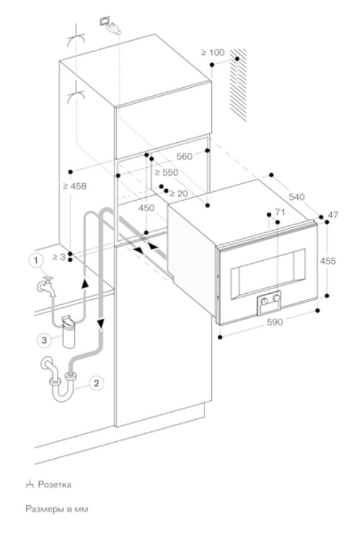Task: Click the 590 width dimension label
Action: click(x=275, y=322)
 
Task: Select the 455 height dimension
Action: click(x=328, y=260)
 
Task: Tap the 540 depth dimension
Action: click(x=296, y=197)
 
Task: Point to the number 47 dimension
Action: click(x=333, y=215)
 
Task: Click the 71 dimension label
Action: click(x=280, y=212)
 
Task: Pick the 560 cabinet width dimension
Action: click(x=184, y=156)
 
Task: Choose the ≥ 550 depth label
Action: click(x=166, y=172)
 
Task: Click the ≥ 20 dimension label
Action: click(x=178, y=194)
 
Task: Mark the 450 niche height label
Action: click(x=146, y=208)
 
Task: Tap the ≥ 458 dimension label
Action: click(x=74, y=186)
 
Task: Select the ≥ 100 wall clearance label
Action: click(x=213, y=52)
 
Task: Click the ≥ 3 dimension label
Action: click(x=59, y=257)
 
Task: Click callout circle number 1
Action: click(x=36, y=260)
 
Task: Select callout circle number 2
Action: click(x=96, y=384)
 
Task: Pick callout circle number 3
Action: click(x=44, y=340)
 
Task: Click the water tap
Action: click(x=46, y=286)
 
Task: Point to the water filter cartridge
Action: click(x=68, y=331)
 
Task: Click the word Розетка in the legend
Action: click(x=54, y=484)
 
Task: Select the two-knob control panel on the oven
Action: click(x=269, y=303)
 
